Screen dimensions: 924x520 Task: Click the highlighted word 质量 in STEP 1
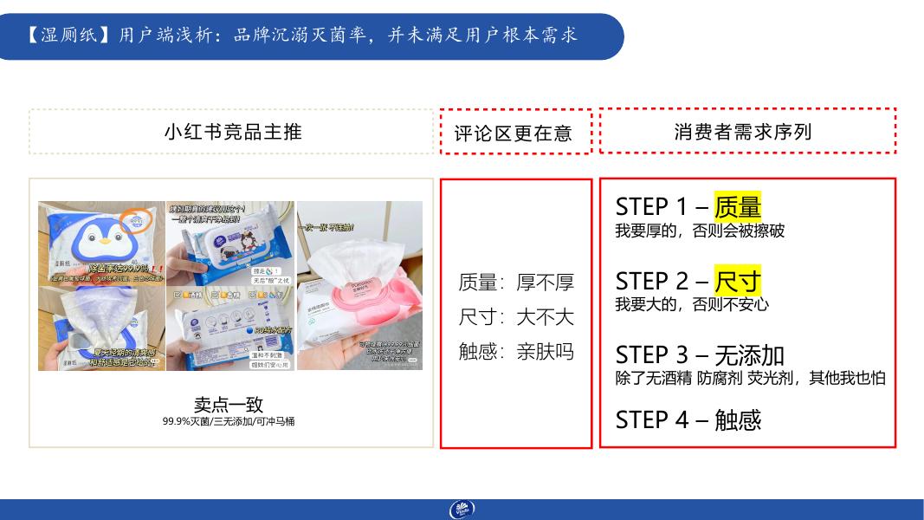point(737,206)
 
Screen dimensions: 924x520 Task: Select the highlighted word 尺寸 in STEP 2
point(737,281)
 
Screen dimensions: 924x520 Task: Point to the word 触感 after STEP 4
point(738,419)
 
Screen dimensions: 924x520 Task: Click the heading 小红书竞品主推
point(232,132)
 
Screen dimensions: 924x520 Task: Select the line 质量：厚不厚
point(516,283)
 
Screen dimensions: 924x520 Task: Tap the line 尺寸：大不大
point(516,317)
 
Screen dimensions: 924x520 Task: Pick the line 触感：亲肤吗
point(516,352)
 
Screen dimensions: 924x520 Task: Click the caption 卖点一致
point(229,405)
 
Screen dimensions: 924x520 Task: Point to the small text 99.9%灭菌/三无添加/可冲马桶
point(229,421)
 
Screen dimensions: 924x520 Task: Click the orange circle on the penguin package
point(138,224)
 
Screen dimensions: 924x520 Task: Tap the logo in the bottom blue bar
point(462,510)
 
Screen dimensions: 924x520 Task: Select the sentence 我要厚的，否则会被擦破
point(700,231)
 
